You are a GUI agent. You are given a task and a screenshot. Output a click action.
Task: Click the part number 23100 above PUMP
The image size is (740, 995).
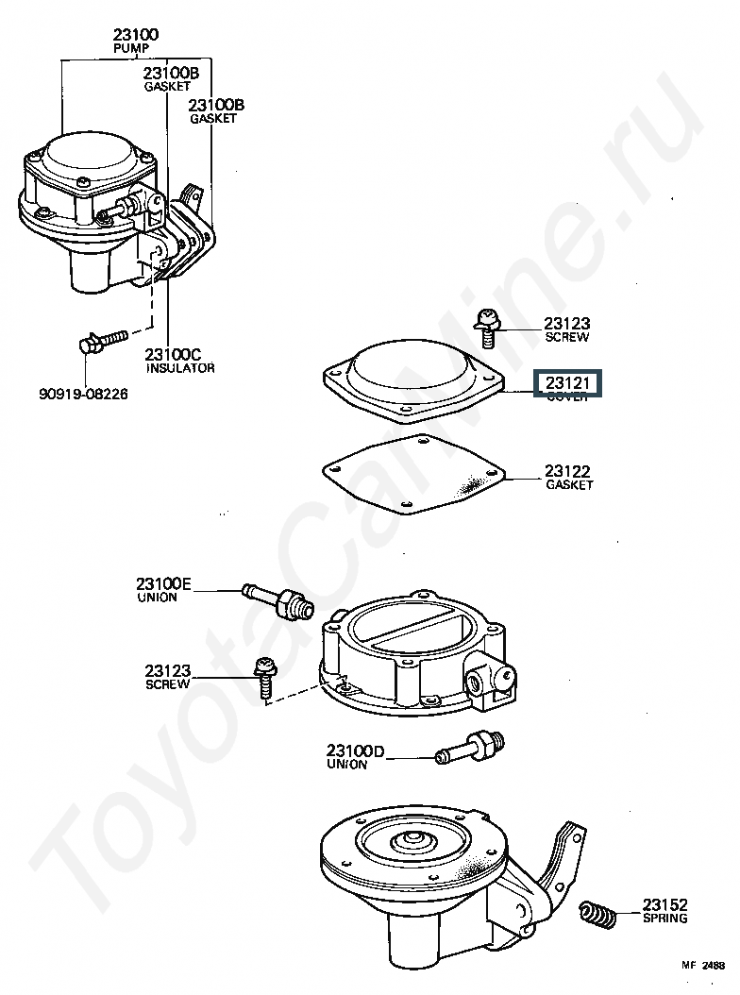136,35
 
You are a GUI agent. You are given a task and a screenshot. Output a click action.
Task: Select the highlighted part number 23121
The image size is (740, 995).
566,382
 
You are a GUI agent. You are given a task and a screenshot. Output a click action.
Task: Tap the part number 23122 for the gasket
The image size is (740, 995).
568,470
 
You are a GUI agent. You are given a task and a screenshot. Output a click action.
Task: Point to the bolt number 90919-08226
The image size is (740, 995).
83,393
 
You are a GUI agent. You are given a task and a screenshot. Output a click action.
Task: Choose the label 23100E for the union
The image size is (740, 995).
163,584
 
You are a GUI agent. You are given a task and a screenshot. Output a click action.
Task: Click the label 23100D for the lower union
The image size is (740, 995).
356,751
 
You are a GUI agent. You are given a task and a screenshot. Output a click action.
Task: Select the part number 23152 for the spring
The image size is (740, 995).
665,903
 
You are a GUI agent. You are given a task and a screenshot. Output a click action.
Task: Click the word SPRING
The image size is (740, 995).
665,918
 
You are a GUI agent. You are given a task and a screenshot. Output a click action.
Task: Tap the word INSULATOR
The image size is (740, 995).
179,368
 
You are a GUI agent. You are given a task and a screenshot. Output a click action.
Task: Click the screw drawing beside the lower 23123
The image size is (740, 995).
265,675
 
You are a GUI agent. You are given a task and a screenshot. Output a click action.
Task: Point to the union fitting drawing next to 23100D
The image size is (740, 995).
469,747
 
